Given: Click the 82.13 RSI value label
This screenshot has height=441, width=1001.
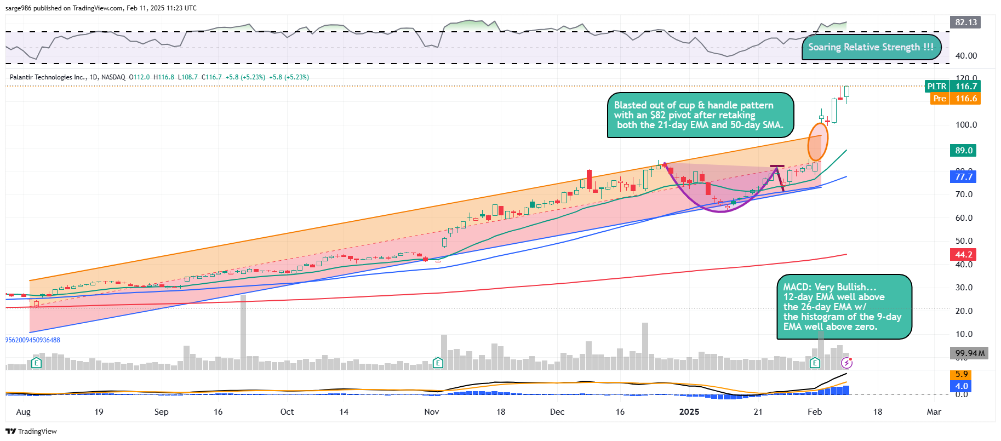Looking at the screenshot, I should tap(966, 22).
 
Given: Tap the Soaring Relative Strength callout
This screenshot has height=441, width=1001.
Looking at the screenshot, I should tap(871, 47).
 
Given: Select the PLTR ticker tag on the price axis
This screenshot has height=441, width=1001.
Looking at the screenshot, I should tap(937, 87).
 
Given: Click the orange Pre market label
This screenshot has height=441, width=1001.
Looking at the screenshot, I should tap(940, 99).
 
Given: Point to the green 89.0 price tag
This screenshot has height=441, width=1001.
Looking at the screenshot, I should tap(964, 151).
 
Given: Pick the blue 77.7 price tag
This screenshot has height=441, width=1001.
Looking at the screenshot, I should tap(964, 177).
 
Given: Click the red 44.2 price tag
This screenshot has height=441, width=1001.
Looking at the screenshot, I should tap(964, 255).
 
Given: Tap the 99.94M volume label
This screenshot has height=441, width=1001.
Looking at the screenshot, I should tap(970, 353).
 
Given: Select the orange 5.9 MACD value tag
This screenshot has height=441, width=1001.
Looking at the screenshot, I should tap(962, 374).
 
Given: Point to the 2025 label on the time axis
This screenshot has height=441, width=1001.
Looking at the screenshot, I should tap(689, 412).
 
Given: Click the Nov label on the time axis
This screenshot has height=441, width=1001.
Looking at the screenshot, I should tap(432, 412).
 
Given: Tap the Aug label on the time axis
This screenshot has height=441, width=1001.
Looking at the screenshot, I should tap(24, 412).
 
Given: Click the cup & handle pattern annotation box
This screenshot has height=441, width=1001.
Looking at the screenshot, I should tap(700, 115).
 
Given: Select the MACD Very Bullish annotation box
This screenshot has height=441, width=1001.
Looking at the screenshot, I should tap(844, 307).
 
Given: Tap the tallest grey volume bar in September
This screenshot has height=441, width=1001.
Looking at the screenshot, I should tap(243, 332).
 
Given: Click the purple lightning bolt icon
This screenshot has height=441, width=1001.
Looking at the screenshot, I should tap(847, 363).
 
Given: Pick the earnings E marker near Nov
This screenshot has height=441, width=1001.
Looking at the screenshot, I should tap(438, 363).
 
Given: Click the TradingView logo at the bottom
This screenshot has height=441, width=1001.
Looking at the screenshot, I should tap(31, 432).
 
